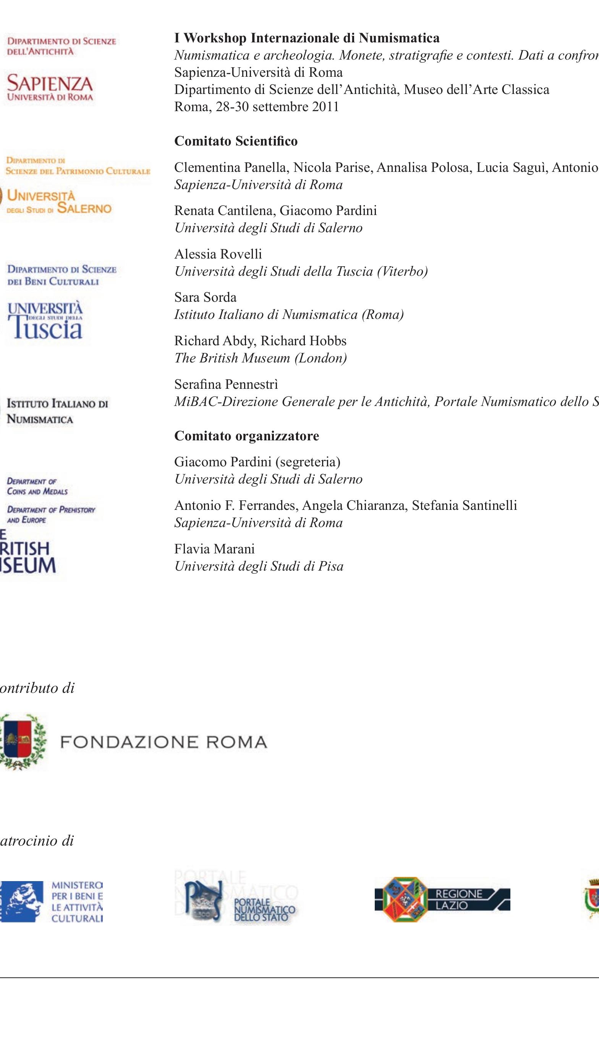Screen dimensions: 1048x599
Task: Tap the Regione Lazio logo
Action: (x=442, y=899)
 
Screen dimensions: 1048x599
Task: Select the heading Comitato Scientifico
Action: (x=236, y=141)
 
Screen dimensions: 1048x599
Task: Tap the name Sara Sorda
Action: (x=205, y=297)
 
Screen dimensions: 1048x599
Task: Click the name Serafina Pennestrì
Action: (x=226, y=384)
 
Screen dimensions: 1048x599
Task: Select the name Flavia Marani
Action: (x=214, y=549)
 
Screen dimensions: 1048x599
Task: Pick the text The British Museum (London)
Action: (x=261, y=358)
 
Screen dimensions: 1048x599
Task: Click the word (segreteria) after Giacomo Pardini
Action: (x=308, y=462)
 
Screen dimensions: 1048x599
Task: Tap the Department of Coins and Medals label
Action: (x=37, y=486)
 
